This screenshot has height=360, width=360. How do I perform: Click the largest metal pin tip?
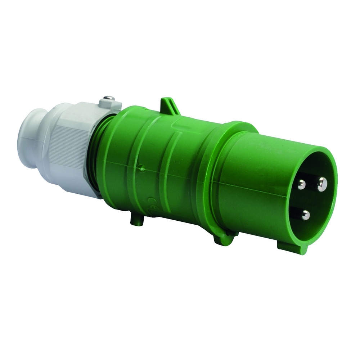[322, 184]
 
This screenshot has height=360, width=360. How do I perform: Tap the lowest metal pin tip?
[306, 215]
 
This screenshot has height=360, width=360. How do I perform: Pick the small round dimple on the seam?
[142, 167]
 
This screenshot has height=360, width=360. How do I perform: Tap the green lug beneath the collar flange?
[223, 238]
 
